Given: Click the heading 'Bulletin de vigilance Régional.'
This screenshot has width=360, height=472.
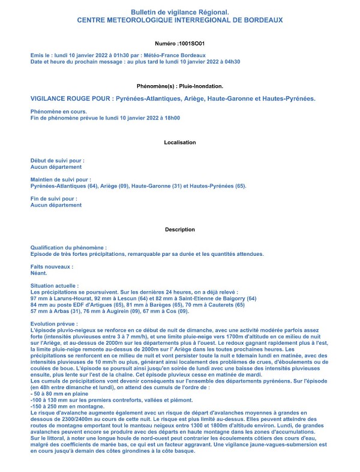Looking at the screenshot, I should point(180,12).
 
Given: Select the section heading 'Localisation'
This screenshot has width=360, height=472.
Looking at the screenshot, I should point(180,142).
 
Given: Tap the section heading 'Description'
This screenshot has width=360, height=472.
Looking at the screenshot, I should point(180,229).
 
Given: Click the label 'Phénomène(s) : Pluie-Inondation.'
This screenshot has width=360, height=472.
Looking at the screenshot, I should point(180,86).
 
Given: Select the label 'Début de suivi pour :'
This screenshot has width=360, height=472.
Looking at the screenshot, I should point(58,161).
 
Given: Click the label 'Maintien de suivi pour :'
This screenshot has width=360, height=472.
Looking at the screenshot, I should point(61,179).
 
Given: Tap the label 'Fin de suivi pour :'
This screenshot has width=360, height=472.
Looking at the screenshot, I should point(54,198).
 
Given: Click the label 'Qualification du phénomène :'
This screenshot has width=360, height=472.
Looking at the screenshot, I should point(69,247).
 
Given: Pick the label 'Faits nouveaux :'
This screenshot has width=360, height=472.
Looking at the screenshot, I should point(52,266).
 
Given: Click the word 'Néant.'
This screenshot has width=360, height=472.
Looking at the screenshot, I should point(39,273).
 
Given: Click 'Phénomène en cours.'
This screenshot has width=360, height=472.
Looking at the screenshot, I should point(59,111).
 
